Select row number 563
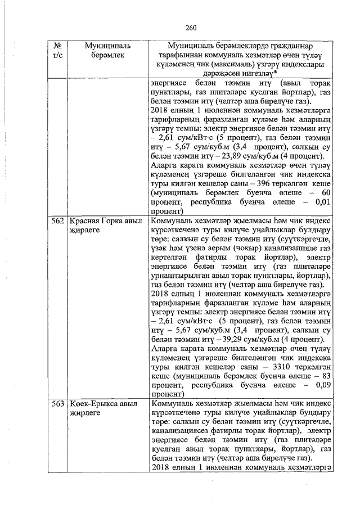(56, 404)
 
